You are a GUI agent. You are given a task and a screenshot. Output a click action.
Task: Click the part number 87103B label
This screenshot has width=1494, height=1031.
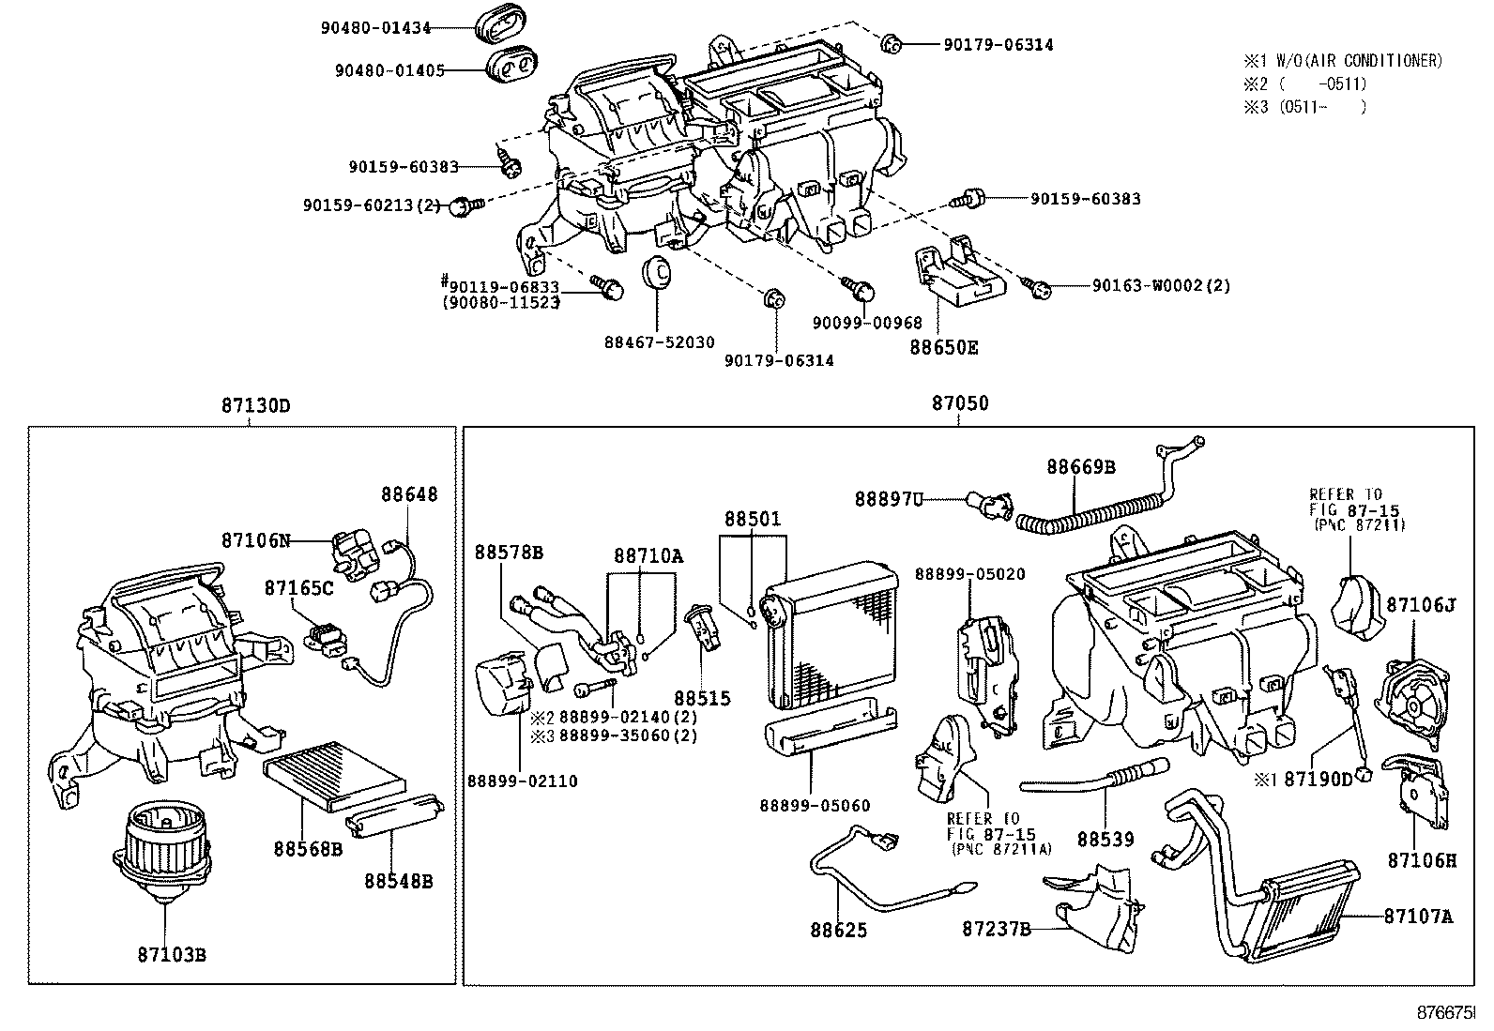pyautogui.click(x=172, y=955)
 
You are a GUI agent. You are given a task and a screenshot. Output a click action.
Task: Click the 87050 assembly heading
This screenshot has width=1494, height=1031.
pyautogui.click(x=959, y=404)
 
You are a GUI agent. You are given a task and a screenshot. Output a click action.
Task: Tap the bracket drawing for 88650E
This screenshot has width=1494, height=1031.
pyautogui.click(x=957, y=277)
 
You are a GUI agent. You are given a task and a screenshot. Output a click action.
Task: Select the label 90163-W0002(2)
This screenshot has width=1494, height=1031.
pyautogui.click(x=1161, y=285)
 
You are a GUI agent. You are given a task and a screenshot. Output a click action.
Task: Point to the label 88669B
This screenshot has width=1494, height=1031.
pyautogui.click(x=1081, y=466)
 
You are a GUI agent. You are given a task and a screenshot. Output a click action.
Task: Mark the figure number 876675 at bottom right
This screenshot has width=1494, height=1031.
pyautogui.click(x=1445, y=1013)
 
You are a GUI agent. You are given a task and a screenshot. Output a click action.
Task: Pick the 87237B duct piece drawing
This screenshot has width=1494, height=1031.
pyautogui.click(x=1098, y=901)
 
